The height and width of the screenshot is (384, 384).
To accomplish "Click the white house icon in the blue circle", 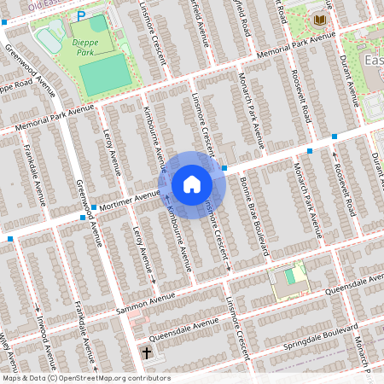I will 192,184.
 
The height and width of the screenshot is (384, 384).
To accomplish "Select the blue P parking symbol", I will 81,15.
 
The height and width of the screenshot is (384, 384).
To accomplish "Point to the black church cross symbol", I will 146,352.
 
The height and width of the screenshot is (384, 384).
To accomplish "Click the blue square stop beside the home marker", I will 224,168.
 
